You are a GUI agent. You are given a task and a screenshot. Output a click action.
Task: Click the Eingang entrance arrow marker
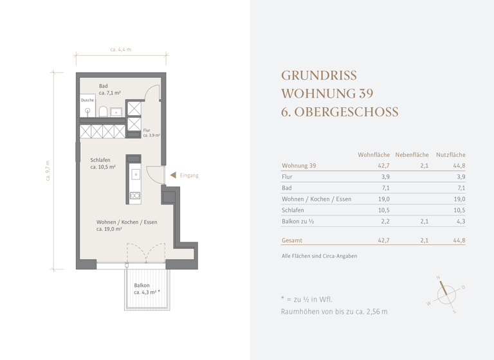click(x=173, y=175)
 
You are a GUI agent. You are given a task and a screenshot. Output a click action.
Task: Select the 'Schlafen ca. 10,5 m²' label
click(x=103, y=163)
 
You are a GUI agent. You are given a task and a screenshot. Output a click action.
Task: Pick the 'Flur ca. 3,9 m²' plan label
click(x=151, y=133)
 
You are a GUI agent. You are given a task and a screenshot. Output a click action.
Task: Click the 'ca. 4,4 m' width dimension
click(x=121, y=50)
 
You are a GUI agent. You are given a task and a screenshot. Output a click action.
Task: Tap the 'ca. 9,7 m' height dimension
click(x=48, y=170)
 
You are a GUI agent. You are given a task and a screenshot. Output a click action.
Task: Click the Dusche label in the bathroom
click(x=87, y=100)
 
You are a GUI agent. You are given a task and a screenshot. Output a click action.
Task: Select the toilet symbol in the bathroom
click(x=102, y=112)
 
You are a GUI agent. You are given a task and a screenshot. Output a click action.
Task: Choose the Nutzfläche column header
click(x=450, y=155)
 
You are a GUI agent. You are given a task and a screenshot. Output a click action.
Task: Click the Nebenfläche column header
click(x=412, y=155)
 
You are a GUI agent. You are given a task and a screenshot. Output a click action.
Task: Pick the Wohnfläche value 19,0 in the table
click(x=383, y=199)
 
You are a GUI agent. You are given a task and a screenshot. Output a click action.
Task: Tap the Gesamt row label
click(x=292, y=240)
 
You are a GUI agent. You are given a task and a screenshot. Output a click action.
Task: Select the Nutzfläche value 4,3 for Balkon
click(x=460, y=221)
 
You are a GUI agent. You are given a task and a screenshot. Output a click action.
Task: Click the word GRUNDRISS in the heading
click(x=318, y=75)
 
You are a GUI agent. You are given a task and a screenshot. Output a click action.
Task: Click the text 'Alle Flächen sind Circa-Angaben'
click(x=319, y=256)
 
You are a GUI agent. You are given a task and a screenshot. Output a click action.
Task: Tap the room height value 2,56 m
click(x=376, y=312)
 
